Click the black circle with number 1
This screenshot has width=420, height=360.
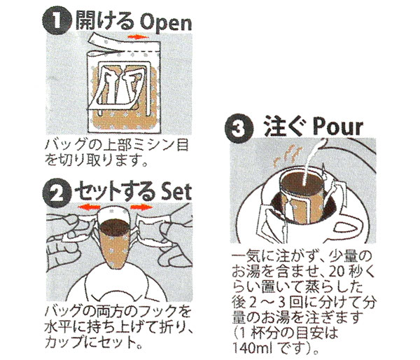(57, 22)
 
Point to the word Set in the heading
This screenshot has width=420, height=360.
(176, 191)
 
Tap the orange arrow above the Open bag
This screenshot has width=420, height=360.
(138, 36)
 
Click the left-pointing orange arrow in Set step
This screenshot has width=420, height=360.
(89, 207)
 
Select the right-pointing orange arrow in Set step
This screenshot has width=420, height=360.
(141, 207)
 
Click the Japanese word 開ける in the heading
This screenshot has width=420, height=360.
(105, 22)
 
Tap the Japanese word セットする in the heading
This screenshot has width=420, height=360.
(115, 191)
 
